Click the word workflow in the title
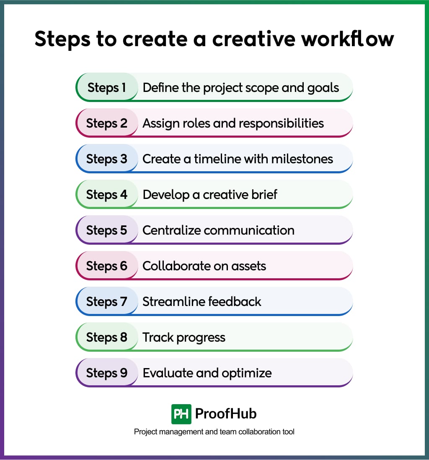click(347, 39)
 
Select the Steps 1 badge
click(107, 88)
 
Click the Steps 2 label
click(107, 123)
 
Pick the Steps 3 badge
click(107, 159)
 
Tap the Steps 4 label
click(107, 195)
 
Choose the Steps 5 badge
click(107, 230)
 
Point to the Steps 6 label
click(107, 266)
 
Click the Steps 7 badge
click(107, 302)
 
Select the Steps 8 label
click(107, 337)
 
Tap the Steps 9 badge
click(107, 373)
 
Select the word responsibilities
click(275, 124)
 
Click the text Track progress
click(184, 338)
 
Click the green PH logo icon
click(181, 414)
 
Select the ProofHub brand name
click(226, 414)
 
